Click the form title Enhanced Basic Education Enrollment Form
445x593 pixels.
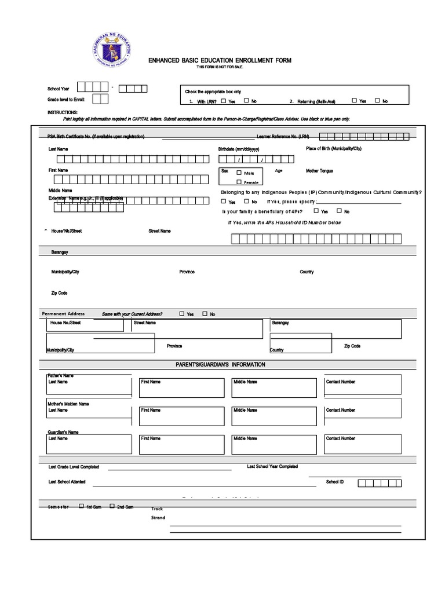(220, 60)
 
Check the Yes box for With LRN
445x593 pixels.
(224, 101)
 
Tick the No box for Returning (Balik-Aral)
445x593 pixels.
(377, 101)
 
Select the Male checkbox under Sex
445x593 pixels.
(239, 173)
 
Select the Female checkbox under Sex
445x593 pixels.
(239, 182)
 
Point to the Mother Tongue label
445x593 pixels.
(319, 171)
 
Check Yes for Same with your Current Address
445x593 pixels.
(182, 314)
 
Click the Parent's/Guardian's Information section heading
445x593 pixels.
(220, 365)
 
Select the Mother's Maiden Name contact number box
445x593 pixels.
(362, 416)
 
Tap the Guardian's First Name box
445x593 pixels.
(181, 444)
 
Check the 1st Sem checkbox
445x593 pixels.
(81, 506)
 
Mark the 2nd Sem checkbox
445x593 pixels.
(112, 506)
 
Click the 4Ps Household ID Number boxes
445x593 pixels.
(316, 239)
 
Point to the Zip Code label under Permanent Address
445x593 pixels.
(352, 346)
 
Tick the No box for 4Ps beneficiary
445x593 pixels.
(340, 211)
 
